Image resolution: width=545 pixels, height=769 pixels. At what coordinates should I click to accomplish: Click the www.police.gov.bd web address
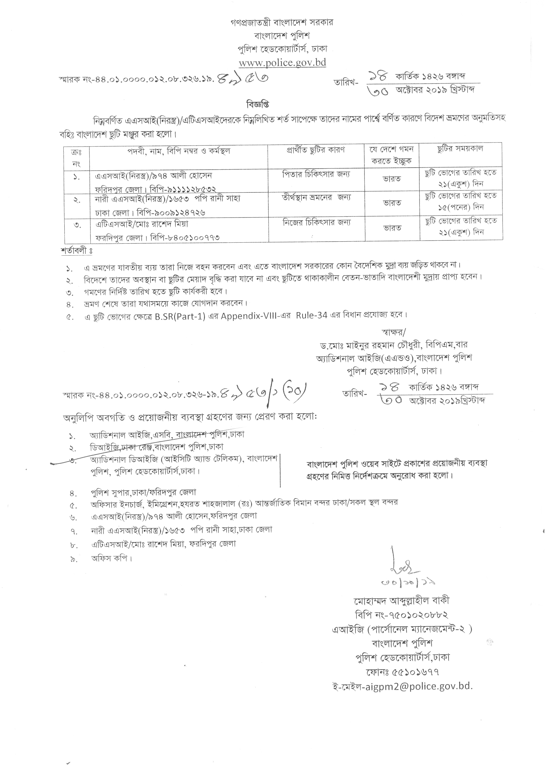click(x=282, y=63)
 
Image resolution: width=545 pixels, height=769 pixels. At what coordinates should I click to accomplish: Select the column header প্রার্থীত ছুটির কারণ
click(x=316, y=150)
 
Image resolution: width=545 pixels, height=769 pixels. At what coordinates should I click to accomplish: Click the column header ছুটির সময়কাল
click(x=460, y=149)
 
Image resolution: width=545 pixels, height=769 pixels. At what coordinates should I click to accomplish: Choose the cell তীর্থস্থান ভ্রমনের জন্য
click(x=316, y=198)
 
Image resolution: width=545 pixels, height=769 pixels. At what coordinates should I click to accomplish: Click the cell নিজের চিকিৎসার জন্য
click(x=316, y=222)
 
